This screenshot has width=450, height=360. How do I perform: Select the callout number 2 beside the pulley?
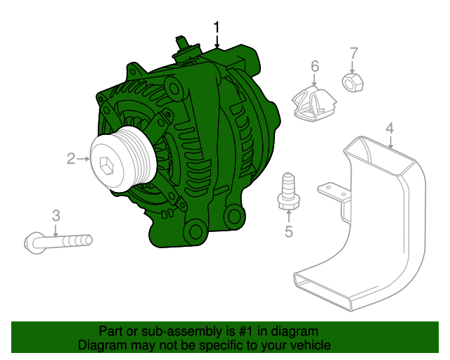pyautogui.click(x=71, y=159)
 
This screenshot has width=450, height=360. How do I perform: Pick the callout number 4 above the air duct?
pyautogui.click(x=390, y=129)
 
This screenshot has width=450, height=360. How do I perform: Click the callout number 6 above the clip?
pyautogui.click(x=314, y=66)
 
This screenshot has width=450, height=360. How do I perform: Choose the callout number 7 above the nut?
pyautogui.click(x=354, y=53)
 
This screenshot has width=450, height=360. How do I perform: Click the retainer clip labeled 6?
pyautogui.click(x=312, y=103)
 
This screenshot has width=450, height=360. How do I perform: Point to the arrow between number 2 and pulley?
pyautogui.click(x=84, y=159)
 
